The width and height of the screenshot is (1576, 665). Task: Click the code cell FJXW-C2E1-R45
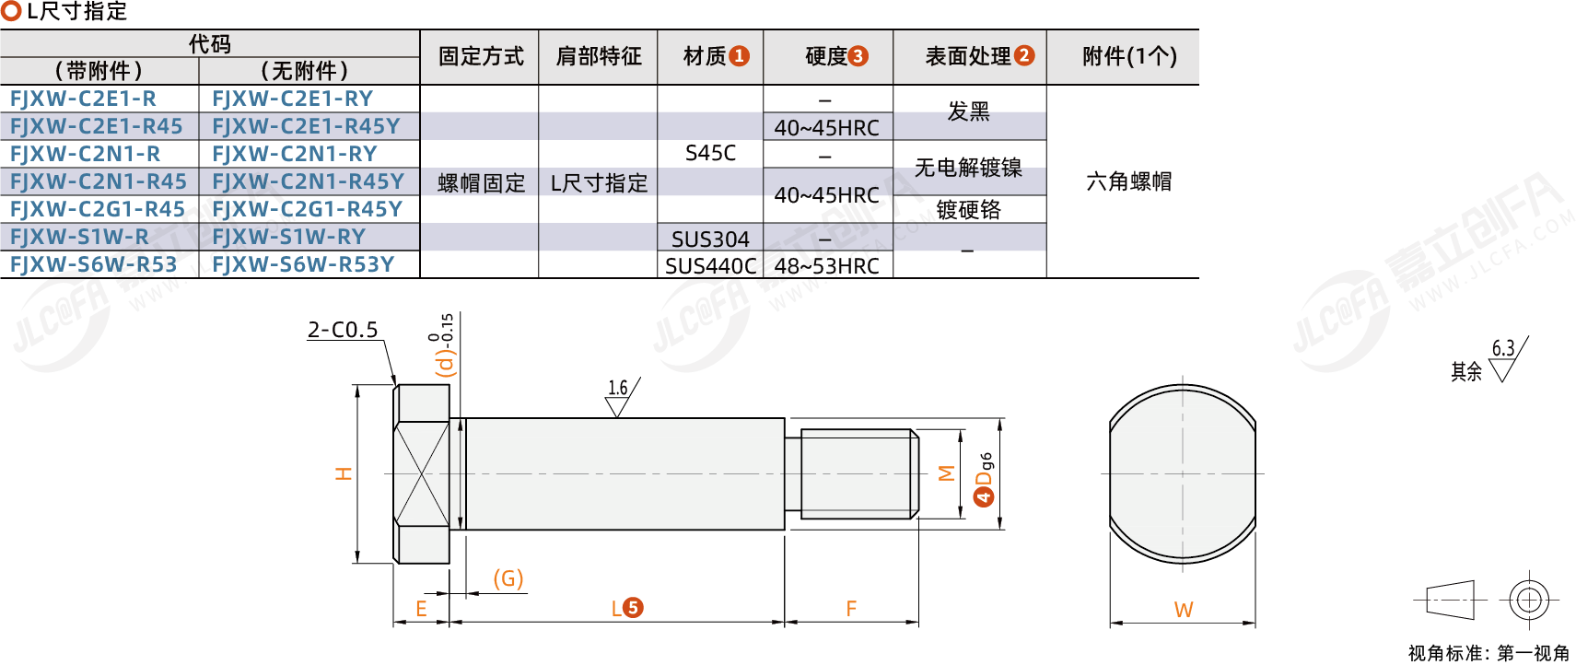coord(97,126)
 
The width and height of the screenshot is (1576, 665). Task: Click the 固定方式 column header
coord(481,56)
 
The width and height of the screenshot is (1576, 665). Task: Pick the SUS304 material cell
coord(710,239)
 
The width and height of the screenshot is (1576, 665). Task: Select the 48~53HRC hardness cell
coord(827,266)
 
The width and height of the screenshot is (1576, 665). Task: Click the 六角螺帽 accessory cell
coord(1129,181)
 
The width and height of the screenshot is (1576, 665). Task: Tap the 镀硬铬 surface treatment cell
coord(968,210)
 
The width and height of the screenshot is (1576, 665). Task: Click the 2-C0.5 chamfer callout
coord(343,330)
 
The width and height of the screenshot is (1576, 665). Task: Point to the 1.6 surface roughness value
coord(618,388)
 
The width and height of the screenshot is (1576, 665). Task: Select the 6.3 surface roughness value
coord(1503,348)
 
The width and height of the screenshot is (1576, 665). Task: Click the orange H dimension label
coord(344,473)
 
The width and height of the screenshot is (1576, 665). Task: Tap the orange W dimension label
coord(1184,610)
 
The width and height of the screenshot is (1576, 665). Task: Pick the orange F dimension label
coord(851,609)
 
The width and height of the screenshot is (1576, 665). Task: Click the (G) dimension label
coord(508,578)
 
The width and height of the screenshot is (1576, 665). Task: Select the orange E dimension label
coord(422,609)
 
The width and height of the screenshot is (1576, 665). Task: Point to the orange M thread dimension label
coord(947,473)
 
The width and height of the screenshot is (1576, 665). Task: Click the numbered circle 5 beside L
coord(633,607)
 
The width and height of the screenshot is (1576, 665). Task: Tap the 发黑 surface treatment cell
coord(968,111)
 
